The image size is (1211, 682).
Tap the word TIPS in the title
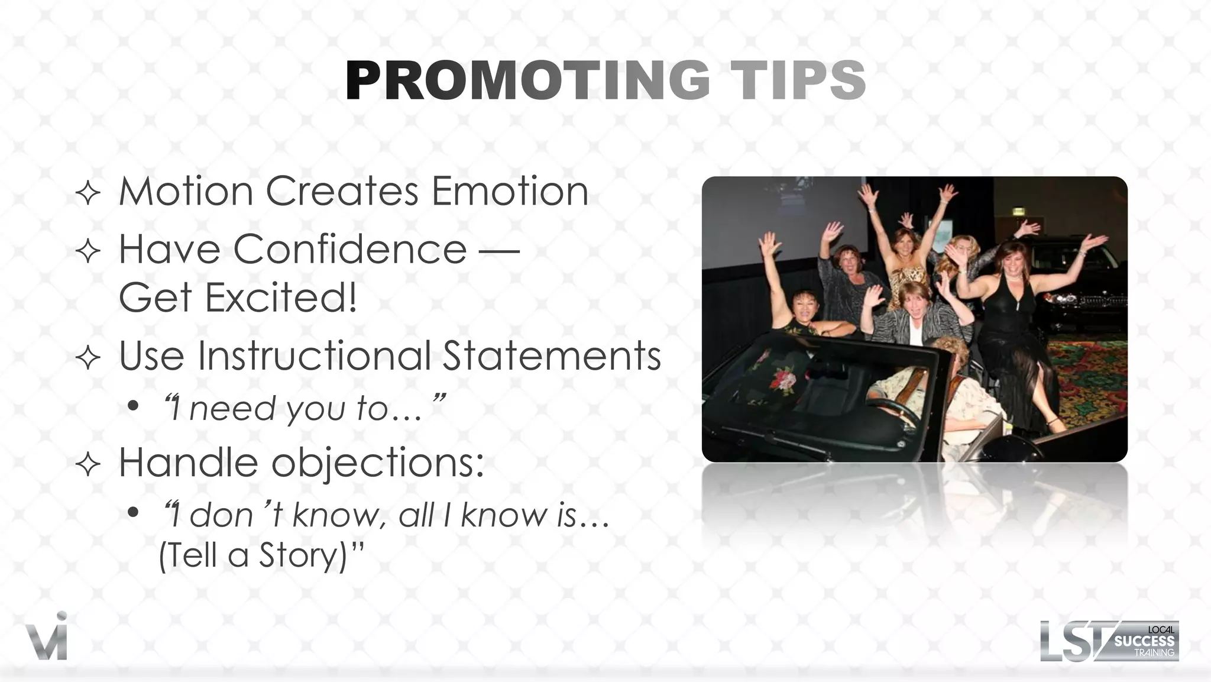point(798,81)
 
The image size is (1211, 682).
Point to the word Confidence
point(350,249)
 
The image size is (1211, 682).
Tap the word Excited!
point(281,297)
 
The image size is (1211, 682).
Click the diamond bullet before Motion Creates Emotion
point(88,193)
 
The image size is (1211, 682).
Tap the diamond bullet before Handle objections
point(88,464)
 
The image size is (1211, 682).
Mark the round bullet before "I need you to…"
point(133,406)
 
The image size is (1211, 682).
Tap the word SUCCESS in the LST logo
point(1144,641)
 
